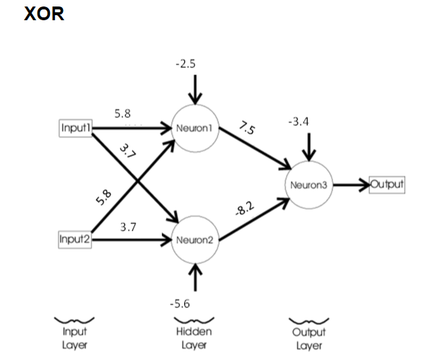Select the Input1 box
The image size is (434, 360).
tap(76, 128)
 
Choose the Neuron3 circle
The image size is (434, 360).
tap(309, 184)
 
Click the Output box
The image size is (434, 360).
tap(386, 184)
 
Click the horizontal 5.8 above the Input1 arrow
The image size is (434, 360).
tap(123, 113)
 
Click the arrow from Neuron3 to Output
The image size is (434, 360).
tap(351, 184)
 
